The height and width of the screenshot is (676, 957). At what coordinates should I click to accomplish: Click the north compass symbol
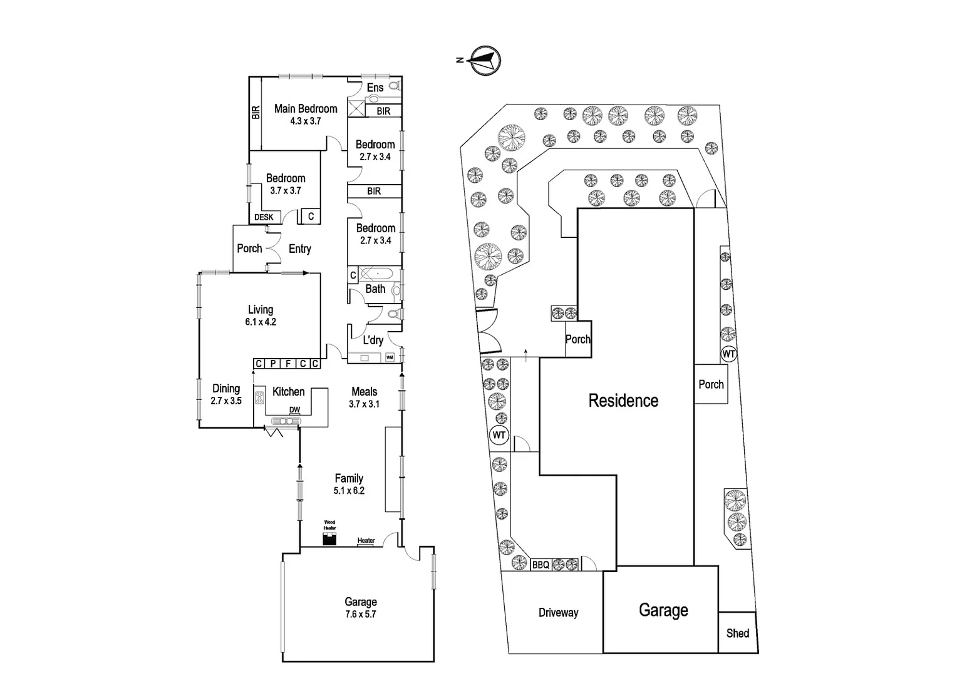(485, 61)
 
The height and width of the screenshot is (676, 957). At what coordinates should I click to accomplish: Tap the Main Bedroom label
(306, 108)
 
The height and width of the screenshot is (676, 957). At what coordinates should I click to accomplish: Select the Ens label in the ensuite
(375, 88)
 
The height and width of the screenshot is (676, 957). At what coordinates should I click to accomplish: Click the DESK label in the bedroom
(264, 217)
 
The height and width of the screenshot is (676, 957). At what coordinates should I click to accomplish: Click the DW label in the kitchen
(294, 410)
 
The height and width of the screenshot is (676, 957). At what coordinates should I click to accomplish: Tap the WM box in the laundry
(390, 357)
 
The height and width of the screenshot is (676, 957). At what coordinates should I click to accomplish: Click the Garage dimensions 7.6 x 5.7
(361, 614)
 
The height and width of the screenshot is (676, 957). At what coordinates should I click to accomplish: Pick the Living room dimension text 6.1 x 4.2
(261, 322)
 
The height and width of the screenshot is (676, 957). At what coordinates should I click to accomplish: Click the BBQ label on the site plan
(541, 565)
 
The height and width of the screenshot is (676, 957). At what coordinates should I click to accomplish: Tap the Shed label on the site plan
(737, 633)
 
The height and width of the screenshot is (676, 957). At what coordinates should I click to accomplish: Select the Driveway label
(558, 613)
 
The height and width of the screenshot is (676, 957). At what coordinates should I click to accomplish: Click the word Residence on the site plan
(623, 401)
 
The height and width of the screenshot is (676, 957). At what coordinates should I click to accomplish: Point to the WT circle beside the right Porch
(728, 354)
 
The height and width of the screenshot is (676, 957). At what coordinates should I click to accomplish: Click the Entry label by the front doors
(299, 248)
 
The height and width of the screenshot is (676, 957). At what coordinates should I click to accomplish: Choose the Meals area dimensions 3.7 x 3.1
(365, 404)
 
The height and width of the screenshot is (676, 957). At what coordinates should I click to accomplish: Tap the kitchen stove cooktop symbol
(259, 398)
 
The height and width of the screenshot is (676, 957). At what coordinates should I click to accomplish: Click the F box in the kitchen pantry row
(288, 364)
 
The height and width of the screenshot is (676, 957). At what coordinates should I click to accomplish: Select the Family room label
(349, 478)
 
